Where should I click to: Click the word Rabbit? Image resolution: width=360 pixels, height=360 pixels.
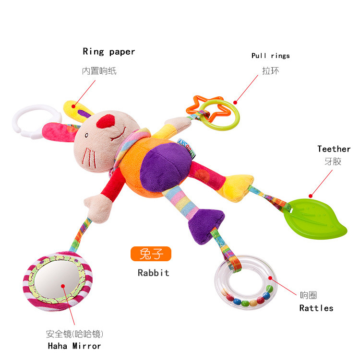click(x=154, y=273)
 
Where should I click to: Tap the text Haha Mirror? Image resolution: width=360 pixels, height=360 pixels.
click(x=74, y=346)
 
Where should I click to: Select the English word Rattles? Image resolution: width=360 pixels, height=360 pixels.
click(x=316, y=308)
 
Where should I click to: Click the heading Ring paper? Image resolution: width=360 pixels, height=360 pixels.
click(x=109, y=52)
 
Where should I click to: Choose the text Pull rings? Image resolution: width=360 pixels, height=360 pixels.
click(x=271, y=56)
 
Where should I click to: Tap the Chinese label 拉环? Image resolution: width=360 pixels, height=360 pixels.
click(x=270, y=70)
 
